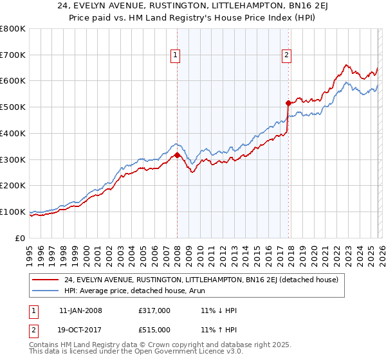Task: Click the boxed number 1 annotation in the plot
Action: coord(174,56)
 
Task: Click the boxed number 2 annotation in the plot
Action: coord(286,56)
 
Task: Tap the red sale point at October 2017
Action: coord(288,102)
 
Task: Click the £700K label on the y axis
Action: coord(13,55)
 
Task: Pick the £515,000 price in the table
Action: coord(154,330)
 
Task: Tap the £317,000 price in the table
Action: coord(154,310)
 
